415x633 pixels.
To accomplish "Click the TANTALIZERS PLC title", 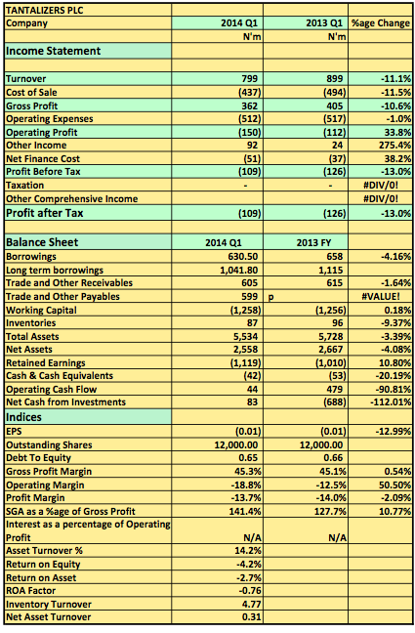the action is (x=44, y=10).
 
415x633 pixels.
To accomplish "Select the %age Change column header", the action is (x=380, y=23).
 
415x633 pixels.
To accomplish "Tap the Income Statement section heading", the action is (x=53, y=51).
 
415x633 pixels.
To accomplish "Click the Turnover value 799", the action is (x=249, y=78).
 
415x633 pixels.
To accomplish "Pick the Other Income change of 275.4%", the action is (x=394, y=145).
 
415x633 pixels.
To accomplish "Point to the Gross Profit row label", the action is (x=32, y=105).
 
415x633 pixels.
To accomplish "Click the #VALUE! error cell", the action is (x=381, y=296).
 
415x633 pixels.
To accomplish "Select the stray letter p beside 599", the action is (x=270, y=297).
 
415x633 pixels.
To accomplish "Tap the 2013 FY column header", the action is (x=313, y=242).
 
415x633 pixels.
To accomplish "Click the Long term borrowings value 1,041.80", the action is (x=238, y=270).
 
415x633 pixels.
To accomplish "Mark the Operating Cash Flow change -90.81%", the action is (x=394, y=389).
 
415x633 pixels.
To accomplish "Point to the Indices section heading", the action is (x=23, y=417).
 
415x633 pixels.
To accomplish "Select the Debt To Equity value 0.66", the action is (x=333, y=458).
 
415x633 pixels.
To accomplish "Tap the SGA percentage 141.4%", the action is (x=245, y=511).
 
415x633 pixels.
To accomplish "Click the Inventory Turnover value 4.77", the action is (x=252, y=605).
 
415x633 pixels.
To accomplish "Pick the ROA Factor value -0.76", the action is (x=250, y=591).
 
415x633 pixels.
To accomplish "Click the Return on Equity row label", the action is (x=43, y=564).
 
